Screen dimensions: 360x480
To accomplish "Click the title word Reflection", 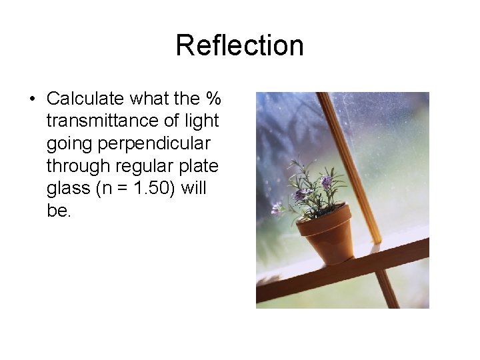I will point(239,45).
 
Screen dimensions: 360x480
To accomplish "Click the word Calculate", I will point(86,99).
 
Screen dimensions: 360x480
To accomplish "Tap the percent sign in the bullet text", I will point(213,99).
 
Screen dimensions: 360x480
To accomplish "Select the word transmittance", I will point(97,121).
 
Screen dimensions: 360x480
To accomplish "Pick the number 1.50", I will point(153,189).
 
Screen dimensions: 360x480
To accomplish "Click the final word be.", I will point(59,211).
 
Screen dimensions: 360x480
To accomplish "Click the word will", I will point(194,189).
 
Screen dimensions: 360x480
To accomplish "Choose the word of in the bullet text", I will point(171,121).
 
